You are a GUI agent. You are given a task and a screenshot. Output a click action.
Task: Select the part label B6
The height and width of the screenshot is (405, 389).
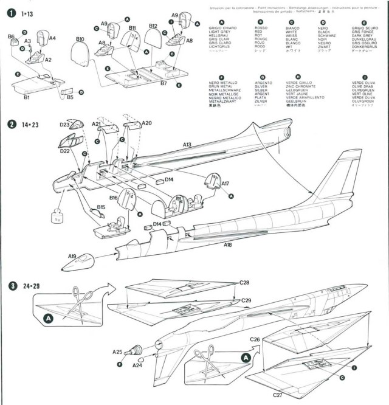pyautogui.click(x=12, y=37)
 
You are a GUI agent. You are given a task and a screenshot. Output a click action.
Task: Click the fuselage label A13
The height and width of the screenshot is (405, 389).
pyautogui.click(x=187, y=145)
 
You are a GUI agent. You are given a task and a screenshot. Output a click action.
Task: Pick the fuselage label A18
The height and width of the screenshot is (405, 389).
pyautogui.click(x=227, y=244)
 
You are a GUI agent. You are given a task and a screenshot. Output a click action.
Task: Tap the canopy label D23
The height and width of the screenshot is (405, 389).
pyautogui.click(x=64, y=125)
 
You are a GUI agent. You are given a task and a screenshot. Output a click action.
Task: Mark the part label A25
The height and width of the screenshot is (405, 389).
pyautogui.click(x=117, y=351)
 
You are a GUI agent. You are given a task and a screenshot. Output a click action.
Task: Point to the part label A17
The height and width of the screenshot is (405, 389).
pyautogui.click(x=225, y=182)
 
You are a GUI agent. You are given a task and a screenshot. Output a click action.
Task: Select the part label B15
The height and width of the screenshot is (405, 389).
pyautogui.click(x=101, y=207)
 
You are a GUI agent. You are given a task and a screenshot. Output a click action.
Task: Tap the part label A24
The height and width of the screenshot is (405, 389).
pyautogui.click(x=138, y=365)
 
